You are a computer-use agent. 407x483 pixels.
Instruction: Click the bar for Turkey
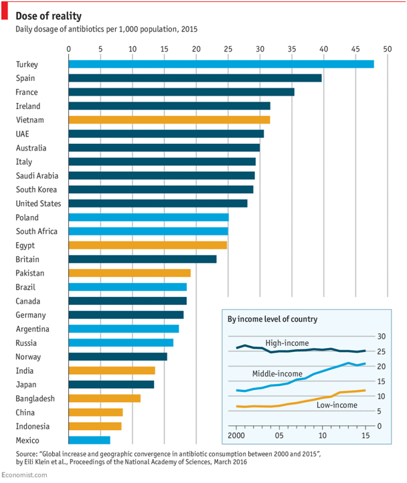221,64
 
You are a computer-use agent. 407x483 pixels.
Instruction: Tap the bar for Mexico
89,440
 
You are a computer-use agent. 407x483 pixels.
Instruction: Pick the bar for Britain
142,259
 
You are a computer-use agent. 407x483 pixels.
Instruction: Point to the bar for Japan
111,385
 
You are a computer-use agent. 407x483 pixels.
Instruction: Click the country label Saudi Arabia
37,176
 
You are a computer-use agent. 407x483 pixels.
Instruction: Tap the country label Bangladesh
35,399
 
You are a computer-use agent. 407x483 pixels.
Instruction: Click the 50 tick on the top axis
387,49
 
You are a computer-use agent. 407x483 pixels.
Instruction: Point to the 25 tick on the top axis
228,49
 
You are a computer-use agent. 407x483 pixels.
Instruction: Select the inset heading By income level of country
272,320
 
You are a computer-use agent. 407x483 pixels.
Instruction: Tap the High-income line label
287,343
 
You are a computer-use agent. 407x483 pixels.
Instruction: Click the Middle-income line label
277,373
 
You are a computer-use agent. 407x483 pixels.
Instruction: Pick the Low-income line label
336,405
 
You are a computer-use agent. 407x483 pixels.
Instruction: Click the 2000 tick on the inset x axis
236,436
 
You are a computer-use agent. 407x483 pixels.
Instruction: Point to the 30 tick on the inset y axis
382,336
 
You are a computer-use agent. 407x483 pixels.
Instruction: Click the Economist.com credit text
25,475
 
